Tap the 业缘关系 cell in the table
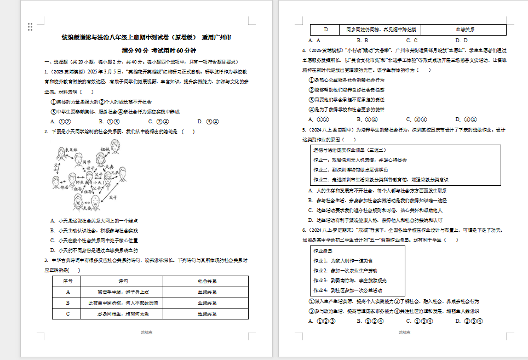pyautogui.click(x=207, y=303)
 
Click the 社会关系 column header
pyautogui.click(x=207, y=281)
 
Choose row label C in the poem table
pyautogui.click(x=66, y=314)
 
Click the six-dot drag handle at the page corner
pyautogui.click(x=30, y=27)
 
